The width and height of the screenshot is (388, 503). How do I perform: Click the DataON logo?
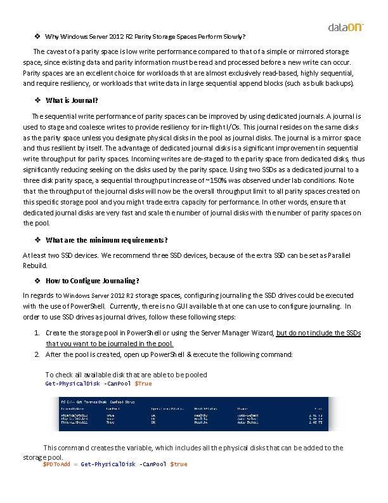pyautogui.click(x=345, y=27)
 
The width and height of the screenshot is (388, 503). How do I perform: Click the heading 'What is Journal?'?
pyautogui.click(x=72, y=100)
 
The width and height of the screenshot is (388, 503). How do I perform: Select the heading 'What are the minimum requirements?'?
pyautogui.click(x=107, y=239)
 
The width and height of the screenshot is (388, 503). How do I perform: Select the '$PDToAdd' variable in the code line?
pyautogui.click(x=56, y=464)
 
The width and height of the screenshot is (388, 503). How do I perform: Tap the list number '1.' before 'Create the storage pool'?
pyautogui.click(x=38, y=333)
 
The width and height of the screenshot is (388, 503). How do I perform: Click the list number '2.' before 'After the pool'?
pyautogui.click(x=38, y=354)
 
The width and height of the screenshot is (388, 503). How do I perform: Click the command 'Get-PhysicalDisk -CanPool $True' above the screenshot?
pyautogui.click(x=98, y=384)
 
